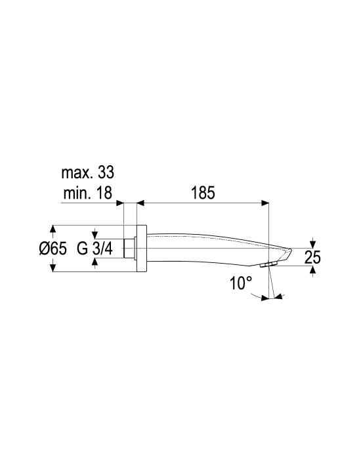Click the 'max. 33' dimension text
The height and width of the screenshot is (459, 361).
pyautogui.click(x=87, y=172)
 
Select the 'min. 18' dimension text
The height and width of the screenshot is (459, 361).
pyautogui.click(x=87, y=193)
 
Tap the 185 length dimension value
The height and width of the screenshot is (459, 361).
pyautogui.click(x=203, y=193)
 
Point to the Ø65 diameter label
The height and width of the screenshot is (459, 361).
pyautogui.click(x=53, y=249)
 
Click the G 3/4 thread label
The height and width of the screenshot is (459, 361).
pyautogui.click(x=95, y=249)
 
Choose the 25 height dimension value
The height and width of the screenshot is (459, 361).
pyautogui.click(x=312, y=258)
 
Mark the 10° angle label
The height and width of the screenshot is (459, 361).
pyautogui.click(x=241, y=283)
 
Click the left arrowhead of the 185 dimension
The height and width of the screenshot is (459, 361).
pyautogui.click(x=140, y=203)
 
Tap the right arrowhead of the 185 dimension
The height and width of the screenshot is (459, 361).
pyautogui.click(x=265, y=203)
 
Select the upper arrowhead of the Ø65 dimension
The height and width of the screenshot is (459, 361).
pyautogui.click(x=53, y=229)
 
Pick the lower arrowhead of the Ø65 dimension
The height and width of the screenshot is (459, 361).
pyautogui.click(x=53, y=268)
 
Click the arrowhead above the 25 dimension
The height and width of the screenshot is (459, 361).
pyautogui.click(x=313, y=244)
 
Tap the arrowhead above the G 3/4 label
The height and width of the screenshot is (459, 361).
pyautogui.click(x=95, y=235)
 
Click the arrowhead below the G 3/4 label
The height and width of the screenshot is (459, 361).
pyautogui.click(x=95, y=262)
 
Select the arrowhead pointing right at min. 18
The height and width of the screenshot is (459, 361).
pyautogui.click(x=120, y=203)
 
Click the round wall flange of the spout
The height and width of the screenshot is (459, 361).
pyautogui.click(x=141, y=249)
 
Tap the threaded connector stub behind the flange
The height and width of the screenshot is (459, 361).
pyautogui.click(x=129, y=249)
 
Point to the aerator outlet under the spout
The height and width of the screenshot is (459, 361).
pyautogui.click(x=268, y=265)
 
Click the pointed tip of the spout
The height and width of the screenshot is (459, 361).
pyautogui.click(x=291, y=250)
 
